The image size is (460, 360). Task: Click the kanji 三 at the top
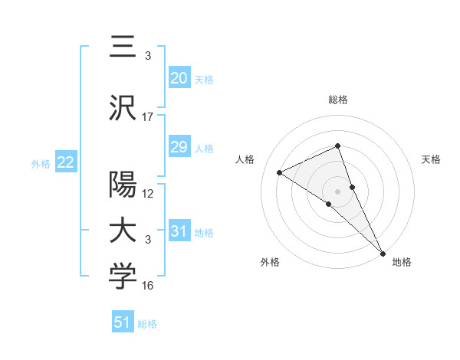pos(123,48)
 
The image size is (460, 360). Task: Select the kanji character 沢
pos(123,108)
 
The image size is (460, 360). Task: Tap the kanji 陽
pos(123,185)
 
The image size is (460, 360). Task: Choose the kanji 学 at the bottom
pos(123,278)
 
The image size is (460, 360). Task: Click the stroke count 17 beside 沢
pos(148,117)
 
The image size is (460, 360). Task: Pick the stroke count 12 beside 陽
pos(148,194)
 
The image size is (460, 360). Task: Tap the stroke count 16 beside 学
pos(148,286)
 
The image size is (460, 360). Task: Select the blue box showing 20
pos(179,77)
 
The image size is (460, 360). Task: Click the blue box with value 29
pos(179,147)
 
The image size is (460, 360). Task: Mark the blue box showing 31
pos(179,231)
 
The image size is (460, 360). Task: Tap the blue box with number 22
pos(65,162)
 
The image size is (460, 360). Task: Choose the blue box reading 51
pos(123,322)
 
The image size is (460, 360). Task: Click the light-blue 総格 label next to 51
pos(147,324)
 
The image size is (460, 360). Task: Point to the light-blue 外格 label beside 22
pos(41,163)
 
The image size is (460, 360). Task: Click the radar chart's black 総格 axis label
pos(338,100)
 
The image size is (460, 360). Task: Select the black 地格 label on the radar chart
pos(402,263)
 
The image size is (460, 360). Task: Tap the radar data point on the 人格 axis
pos(280,172)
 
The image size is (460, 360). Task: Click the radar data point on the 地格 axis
pos(383,252)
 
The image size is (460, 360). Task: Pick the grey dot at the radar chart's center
pos(337,191)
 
